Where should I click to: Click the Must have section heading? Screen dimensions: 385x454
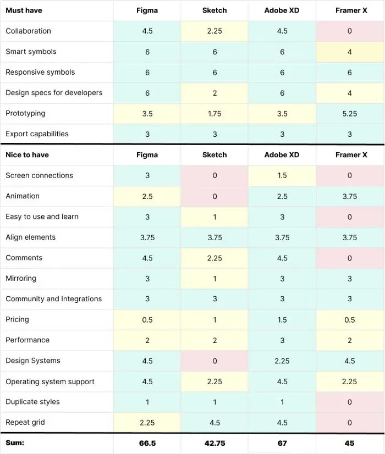click(x=24, y=10)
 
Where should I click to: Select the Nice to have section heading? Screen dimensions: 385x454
click(x=28, y=155)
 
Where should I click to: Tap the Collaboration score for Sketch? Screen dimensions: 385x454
click(x=215, y=31)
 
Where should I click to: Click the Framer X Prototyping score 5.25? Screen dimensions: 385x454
click(x=349, y=113)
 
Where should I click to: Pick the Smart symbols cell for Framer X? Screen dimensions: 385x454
click(x=349, y=52)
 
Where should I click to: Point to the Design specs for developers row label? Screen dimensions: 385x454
click(x=54, y=93)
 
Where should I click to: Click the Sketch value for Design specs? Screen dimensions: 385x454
click(x=215, y=93)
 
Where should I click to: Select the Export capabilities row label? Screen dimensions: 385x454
click(x=37, y=134)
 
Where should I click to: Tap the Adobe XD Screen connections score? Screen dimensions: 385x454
click(x=282, y=175)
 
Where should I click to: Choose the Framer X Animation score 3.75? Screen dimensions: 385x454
click(x=349, y=196)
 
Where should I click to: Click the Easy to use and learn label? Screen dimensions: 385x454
click(x=42, y=217)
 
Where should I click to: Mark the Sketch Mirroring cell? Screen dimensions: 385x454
click(x=215, y=279)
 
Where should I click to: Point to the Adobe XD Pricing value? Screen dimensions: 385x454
click(x=282, y=320)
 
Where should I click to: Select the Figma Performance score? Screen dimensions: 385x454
click(x=147, y=340)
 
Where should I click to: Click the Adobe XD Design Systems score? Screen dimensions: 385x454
click(x=282, y=361)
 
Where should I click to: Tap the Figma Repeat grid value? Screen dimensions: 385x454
click(x=147, y=423)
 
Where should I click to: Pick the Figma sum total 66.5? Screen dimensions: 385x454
click(x=147, y=443)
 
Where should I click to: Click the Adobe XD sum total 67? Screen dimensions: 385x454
click(x=282, y=443)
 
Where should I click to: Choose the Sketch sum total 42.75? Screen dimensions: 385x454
click(x=215, y=443)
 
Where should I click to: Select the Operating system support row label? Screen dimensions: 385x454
click(x=50, y=381)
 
